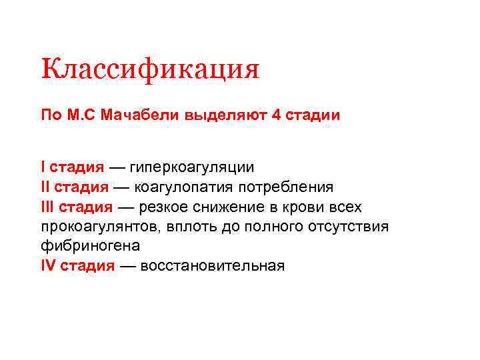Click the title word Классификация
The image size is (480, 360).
coord(149,69)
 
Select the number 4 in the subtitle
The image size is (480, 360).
coord(277,115)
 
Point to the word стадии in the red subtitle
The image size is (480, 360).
coord(313,115)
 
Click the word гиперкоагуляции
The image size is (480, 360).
coord(192,166)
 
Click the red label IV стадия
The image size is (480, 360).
coord(77,266)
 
